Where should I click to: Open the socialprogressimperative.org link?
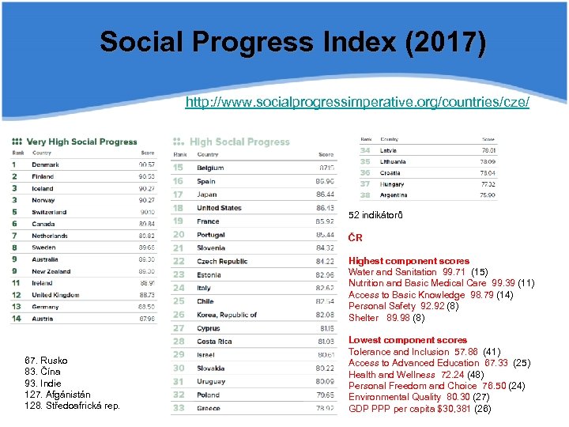[x=357, y=103]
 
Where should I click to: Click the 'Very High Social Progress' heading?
[x=81, y=142]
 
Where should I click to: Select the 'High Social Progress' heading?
[x=239, y=142]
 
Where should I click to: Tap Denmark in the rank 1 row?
[x=45, y=164]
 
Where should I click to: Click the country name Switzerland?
[x=49, y=212]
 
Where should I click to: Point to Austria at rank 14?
[x=43, y=319]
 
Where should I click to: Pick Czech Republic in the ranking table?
[x=222, y=262]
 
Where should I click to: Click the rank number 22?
[x=178, y=262]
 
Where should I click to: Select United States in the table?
[x=219, y=208]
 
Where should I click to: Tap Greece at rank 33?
[x=209, y=408]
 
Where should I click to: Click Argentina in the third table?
[x=394, y=195]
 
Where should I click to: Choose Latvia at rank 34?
[x=389, y=150]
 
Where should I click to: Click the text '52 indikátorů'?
[x=375, y=216]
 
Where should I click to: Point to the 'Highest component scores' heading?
[x=409, y=261]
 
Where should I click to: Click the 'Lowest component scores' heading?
[x=408, y=340]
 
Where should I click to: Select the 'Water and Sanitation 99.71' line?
[x=418, y=272]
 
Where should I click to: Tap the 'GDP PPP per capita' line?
[x=420, y=409]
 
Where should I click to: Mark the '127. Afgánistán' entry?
[x=58, y=395]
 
